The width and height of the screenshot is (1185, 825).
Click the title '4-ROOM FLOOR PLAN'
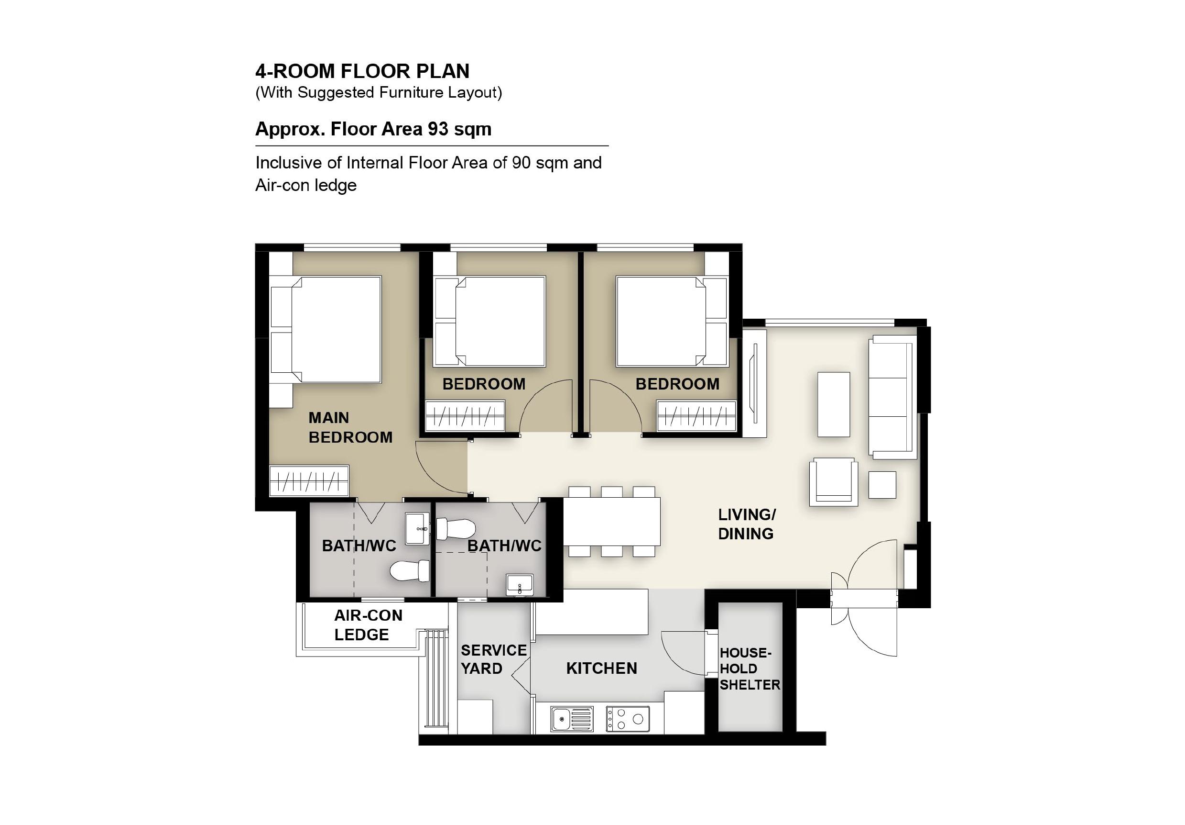tap(362, 71)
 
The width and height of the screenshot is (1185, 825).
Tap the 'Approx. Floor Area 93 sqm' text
tap(373, 129)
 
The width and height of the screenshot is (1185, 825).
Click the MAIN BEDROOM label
tap(350, 427)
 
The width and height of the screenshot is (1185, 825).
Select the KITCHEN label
tap(601, 668)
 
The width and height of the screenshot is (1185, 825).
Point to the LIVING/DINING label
tap(747, 524)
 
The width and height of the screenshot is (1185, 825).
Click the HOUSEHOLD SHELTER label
tap(750, 669)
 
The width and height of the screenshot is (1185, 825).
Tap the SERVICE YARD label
tap(493, 659)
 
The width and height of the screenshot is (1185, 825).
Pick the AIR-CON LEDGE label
tap(368, 624)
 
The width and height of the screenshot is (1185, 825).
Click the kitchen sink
tap(572, 719)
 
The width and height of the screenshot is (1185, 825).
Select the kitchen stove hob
tap(627, 719)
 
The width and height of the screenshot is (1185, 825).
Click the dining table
tap(611, 521)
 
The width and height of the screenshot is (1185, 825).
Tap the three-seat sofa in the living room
tap(892, 397)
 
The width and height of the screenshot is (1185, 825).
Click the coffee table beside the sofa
tap(834, 404)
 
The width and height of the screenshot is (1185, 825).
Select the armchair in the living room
tap(834, 481)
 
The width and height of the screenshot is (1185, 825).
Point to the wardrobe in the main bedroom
tap(309, 480)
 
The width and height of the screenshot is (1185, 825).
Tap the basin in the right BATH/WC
tap(519, 585)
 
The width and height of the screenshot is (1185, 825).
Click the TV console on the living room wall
tap(754, 383)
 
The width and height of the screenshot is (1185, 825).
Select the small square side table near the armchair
tap(882, 485)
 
